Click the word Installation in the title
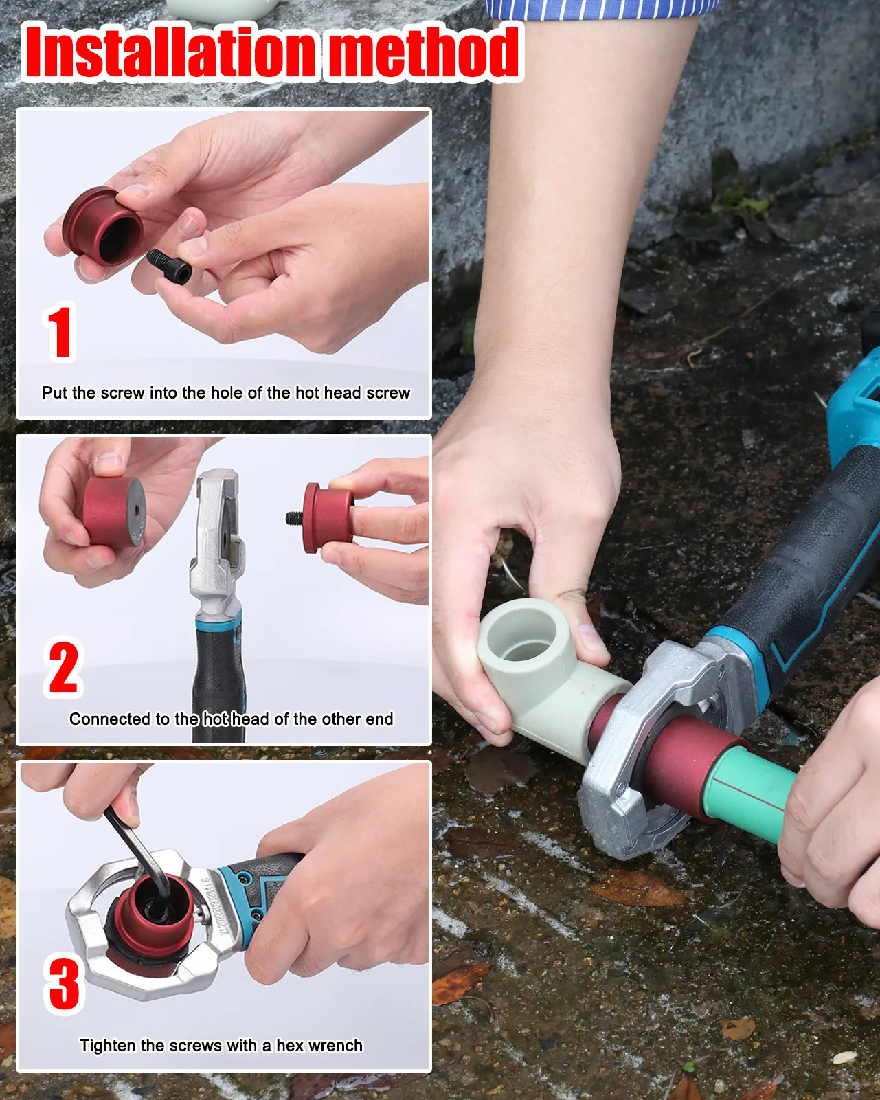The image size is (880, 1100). tap(170, 52)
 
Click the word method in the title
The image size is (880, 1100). tap(424, 52)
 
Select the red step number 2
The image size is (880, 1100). tap(63, 666)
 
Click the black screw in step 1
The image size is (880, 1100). tap(169, 265)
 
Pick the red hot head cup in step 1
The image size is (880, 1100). tap(102, 226)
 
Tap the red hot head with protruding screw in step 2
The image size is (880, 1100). tap(322, 518)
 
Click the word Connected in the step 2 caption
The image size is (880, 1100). tap(110, 719)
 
